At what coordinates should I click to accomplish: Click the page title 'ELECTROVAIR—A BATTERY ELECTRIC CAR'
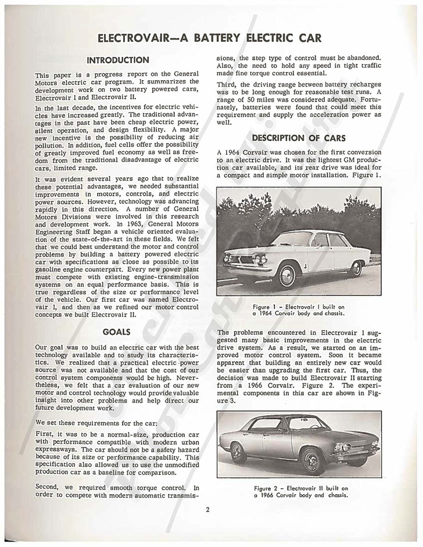click(211, 39)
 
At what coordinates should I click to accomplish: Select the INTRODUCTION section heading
click(117, 60)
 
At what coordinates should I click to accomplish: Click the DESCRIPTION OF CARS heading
click(299, 138)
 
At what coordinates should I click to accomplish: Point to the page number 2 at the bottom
click(207, 511)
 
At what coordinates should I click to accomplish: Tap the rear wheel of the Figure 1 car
click(356, 268)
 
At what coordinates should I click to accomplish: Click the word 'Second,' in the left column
click(49, 488)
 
